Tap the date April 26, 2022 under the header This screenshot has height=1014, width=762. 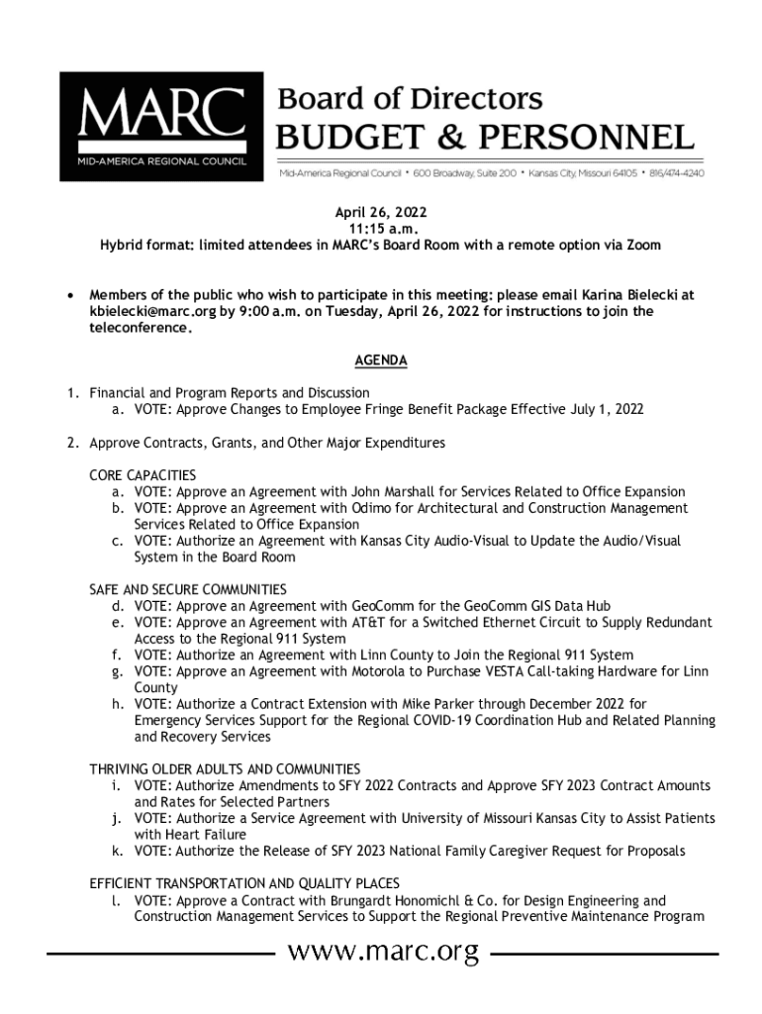click(380, 213)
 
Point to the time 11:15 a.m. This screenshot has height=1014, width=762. click(380, 229)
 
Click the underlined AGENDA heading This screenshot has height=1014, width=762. click(380, 361)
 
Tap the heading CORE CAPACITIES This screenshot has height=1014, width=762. click(143, 475)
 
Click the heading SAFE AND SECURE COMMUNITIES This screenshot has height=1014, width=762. click(188, 589)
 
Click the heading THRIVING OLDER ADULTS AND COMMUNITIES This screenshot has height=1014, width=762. click(225, 769)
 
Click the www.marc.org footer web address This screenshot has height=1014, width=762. click(382, 954)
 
